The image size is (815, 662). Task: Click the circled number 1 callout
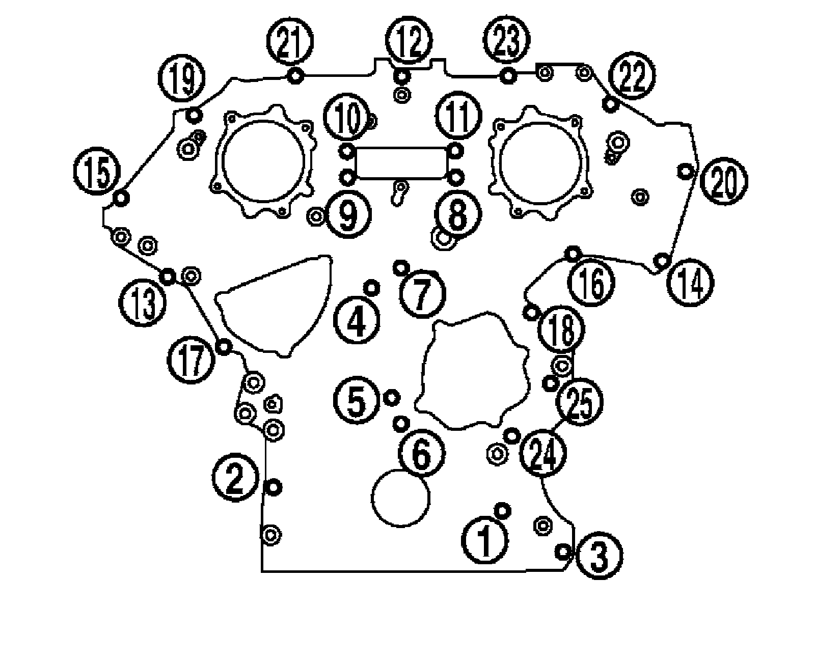point(486,541)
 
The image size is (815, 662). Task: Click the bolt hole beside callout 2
point(274,487)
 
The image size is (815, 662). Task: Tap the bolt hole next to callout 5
point(392,397)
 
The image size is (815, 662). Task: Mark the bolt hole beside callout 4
point(372,288)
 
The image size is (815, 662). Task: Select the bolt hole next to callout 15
point(121,198)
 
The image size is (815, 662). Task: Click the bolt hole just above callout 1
point(503,510)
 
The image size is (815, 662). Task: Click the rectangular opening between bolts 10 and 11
point(401,163)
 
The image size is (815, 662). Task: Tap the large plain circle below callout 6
point(401,498)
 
